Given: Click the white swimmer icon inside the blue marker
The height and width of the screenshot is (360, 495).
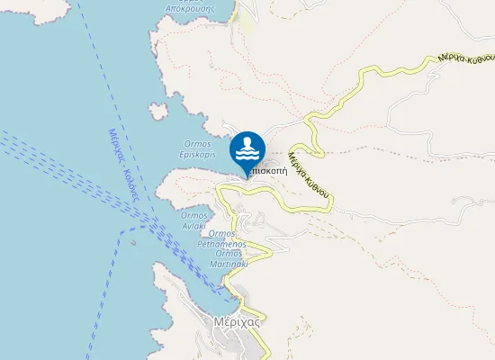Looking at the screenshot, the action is (247, 148).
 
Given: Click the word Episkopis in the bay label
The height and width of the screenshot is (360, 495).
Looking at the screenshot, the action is (196, 154).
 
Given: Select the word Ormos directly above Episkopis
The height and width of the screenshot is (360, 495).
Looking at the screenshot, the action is (196, 143).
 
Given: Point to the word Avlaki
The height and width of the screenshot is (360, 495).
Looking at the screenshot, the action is (195, 226).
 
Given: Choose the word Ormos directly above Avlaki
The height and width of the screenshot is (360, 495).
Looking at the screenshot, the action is (195, 215).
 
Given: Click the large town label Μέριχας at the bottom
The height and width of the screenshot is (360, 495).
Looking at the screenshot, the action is (238, 321).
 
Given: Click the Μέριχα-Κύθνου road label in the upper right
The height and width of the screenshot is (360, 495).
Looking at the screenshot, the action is (464, 57).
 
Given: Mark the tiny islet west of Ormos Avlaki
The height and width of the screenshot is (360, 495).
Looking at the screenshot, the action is (133, 241).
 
